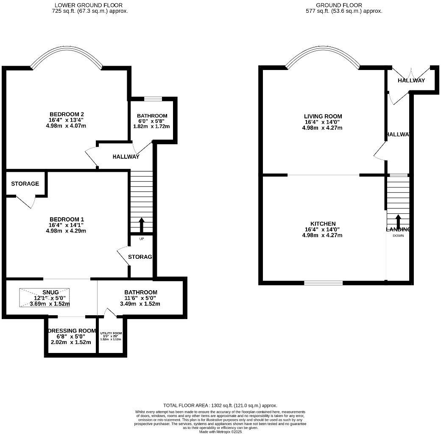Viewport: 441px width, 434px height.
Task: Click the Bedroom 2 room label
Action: click(x=67, y=114)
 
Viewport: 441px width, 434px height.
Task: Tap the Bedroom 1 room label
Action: click(x=67, y=219)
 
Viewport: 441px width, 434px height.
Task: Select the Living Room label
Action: click(x=323, y=116)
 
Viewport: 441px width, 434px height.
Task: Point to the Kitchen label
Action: click(x=323, y=224)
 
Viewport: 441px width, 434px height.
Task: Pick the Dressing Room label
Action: click(x=71, y=331)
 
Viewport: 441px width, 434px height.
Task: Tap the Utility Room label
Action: click(x=111, y=333)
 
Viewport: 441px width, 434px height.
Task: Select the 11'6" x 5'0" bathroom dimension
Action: click(x=140, y=298)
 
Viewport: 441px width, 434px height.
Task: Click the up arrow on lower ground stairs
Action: click(x=141, y=225)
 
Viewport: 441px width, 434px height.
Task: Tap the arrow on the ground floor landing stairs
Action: click(x=398, y=221)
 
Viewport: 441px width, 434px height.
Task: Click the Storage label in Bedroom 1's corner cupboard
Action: click(x=25, y=184)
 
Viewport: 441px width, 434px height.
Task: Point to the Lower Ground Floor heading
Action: click(x=89, y=6)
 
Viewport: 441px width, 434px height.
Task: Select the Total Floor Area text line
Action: click(x=220, y=406)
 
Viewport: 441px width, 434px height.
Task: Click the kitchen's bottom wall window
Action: click(x=323, y=283)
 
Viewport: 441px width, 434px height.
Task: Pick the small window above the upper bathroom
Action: click(x=153, y=99)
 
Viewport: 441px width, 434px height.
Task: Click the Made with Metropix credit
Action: click(x=220, y=431)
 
